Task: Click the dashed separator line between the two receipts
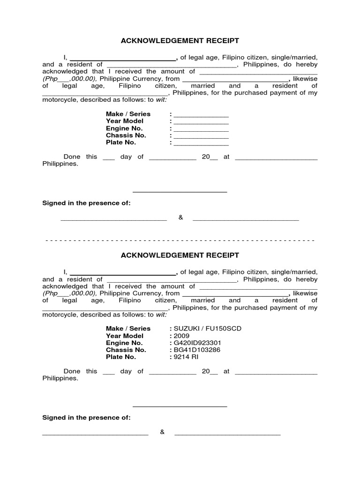[x=180, y=240]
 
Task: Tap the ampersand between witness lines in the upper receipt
[x=180, y=217]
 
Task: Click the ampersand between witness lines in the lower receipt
[x=162, y=432]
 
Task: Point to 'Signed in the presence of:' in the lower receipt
[x=86, y=417]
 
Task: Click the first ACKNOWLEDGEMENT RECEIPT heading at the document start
[x=180, y=41]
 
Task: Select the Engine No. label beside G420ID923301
[x=124, y=343]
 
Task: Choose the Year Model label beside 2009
[x=125, y=336]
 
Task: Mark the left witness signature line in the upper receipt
[x=114, y=219]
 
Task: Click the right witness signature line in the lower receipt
[x=227, y=435]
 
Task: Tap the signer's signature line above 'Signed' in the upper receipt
[x=180, y=192]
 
